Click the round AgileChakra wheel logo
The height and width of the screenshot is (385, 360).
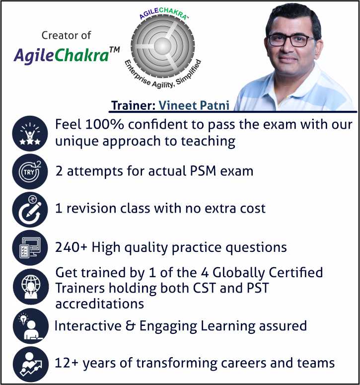point(162,46)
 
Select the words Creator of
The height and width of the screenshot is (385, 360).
point(66,35)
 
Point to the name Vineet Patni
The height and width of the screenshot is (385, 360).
point(194,106)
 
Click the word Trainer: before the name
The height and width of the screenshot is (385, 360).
point(133,106)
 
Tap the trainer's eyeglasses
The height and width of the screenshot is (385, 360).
point(291,41)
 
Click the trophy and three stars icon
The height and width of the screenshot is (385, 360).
point(30,134)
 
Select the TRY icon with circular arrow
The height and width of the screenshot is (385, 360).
point(30,171)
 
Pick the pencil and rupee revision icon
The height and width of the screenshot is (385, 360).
point(30,210)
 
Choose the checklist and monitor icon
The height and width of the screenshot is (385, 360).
point(30,248)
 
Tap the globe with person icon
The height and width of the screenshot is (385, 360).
point(31,287)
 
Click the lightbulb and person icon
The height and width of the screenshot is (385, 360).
point(31,326)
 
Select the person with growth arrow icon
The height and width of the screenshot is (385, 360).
point(31,364)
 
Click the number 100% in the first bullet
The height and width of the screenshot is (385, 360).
point(104,124)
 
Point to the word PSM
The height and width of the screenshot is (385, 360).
point(203,171)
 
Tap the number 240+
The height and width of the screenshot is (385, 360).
point(71,247)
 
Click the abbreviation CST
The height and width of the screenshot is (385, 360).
point(205,288)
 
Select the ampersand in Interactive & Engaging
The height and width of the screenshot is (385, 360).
point(130,326)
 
